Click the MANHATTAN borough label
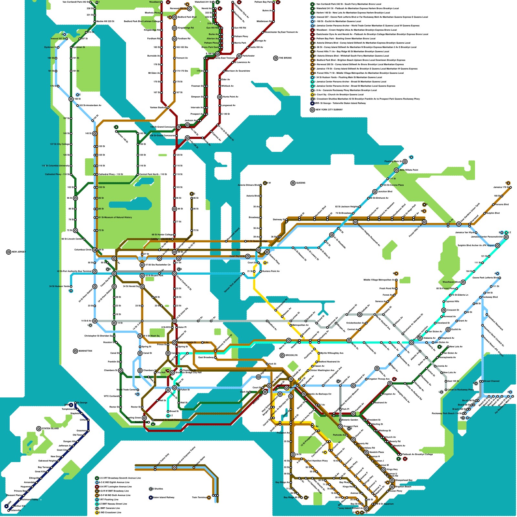pos(85,351)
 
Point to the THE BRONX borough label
pos(285,58)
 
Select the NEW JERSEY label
pos(18,252)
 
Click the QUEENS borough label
pos(300,183)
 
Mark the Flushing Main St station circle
pos(405,161)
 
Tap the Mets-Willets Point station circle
pos(396,170)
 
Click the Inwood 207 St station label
pos(58,38)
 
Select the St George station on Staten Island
pos(75,403)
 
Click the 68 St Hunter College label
pos(162,235)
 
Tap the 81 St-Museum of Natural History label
pos(115,217)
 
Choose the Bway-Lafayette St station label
pos(187,342)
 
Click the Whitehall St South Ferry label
pos(167,420)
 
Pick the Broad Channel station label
pos(491,381)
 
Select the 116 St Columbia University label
pos(55,166)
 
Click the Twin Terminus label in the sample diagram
pos(199,497)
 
